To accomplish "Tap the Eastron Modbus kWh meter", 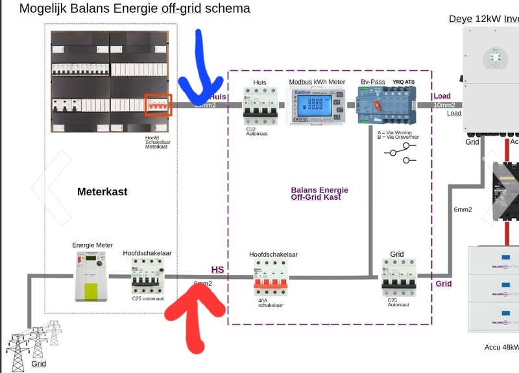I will [317, 106].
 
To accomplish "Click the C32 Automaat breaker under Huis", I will [259, 105].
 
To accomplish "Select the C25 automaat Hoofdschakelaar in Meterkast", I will [147, 277].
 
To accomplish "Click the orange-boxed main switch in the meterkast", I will [158, 105].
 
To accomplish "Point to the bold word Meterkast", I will [102, 192].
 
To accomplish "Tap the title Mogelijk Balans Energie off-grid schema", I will [134, 9].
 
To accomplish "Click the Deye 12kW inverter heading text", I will [483, 19].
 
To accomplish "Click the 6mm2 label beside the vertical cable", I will [463, 210].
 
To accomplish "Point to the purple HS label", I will [217, 269].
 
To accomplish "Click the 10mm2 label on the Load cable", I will [444, 104].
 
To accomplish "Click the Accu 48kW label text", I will [501, 347].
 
